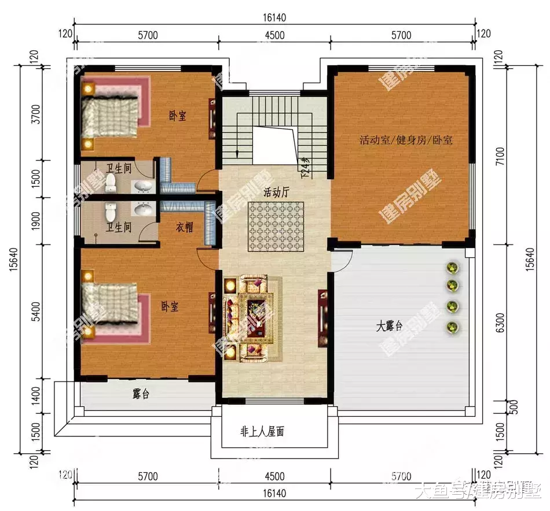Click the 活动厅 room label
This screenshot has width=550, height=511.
click(276, 192)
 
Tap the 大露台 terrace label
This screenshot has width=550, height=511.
click(389, 327)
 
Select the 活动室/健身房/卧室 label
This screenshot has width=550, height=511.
click(406, 140)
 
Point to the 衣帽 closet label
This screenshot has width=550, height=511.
click(184, 228)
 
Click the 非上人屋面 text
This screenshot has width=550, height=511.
click(262, 432)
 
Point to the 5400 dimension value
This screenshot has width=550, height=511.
click(36, 313)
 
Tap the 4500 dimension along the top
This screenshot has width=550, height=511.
click(274, 35)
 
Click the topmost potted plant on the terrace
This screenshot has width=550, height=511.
click(452, 268)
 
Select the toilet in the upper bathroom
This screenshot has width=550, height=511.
click(111, 183)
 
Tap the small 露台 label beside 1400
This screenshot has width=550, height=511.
click(141, 394)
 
